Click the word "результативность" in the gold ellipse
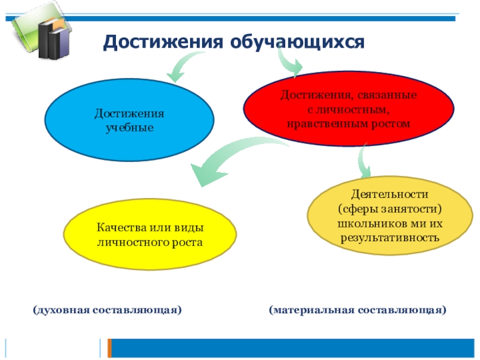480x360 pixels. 391,237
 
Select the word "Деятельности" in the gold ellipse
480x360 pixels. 390,194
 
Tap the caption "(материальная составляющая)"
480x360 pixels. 358,310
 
